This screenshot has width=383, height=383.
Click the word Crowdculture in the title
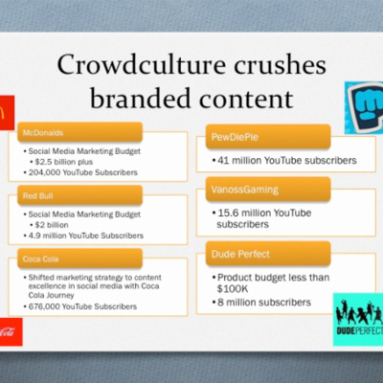click(x=142, y=64)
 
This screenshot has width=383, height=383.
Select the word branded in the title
click(x=142, y=98)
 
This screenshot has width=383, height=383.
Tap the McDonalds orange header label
click(x=79, y=132)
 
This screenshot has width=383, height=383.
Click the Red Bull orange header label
click(x=79, y=195)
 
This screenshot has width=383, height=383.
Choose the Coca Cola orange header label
click(x=79, y=259)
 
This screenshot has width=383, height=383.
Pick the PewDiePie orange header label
click(x=268, y=137)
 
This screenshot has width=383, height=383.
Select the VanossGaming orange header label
click(x=268, y=190)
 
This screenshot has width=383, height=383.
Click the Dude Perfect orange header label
click(x=268, y=254)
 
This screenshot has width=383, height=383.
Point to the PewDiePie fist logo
click(x=364, y=108)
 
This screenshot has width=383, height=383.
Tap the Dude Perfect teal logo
click(x=358, y=319)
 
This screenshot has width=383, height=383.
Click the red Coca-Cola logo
click(x=11, y=331)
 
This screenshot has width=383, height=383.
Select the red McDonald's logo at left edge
click(x=7, y=112)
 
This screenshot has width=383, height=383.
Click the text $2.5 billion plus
click(x=64, y=162)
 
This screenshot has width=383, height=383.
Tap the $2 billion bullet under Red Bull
click(x=52, y=225)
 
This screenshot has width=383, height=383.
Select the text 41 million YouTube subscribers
click(x=287, y=160)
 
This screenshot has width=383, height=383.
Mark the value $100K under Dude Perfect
click(x=233, y=289)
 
